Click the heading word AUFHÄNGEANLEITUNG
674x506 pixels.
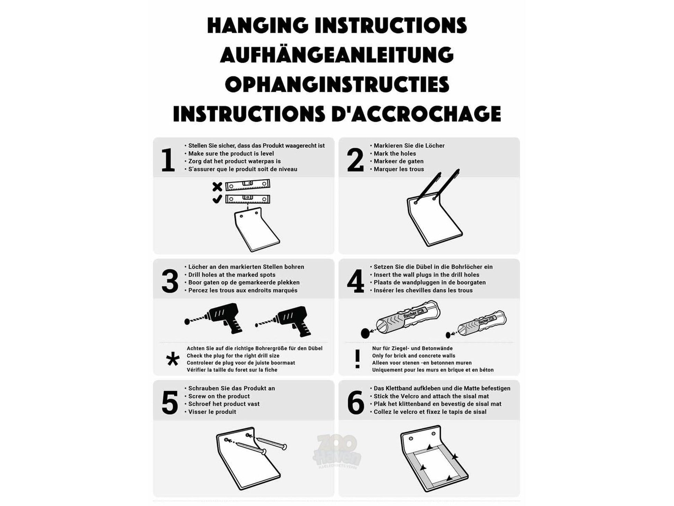point(337,55)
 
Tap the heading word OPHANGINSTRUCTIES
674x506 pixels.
point(337,84)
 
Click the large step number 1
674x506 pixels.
point(168,160)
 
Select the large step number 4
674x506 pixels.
point(355,281)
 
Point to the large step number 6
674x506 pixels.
point(356,403)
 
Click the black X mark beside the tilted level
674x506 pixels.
point(217,187)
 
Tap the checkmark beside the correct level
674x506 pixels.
point(217,199)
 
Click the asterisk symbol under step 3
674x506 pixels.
point(173,360)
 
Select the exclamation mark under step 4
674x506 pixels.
point(357,359)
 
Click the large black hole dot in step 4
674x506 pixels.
point(366,333)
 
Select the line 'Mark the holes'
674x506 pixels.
point(394,154)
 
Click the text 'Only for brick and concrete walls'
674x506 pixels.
point(414,356)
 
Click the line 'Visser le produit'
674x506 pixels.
point(212,412)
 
